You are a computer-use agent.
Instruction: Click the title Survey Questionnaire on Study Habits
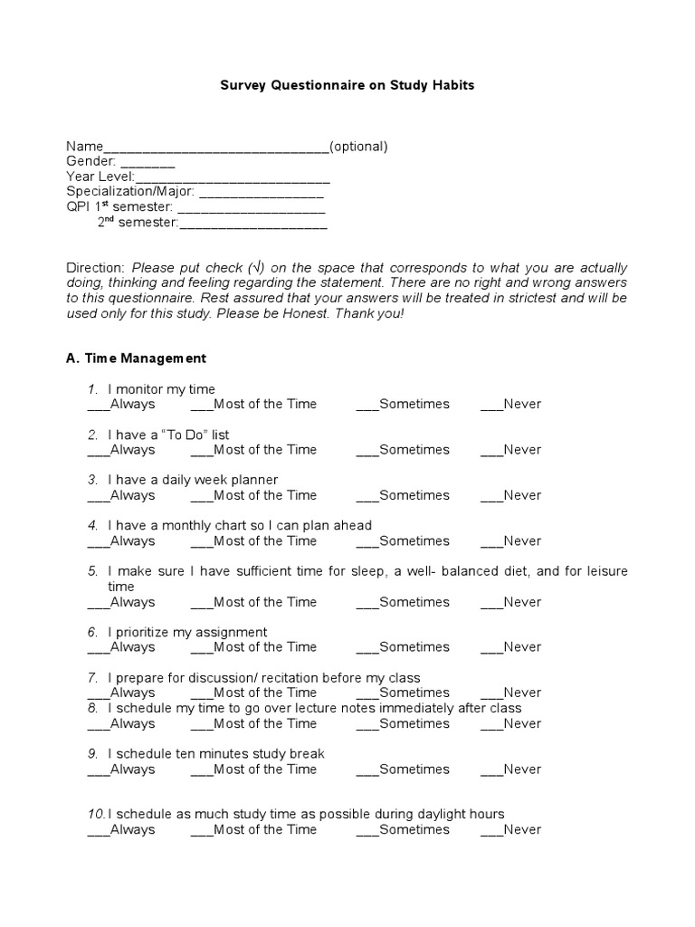click(347, 85)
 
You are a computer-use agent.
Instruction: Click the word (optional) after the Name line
click(358, 147)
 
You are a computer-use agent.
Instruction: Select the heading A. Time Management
click(137, 358)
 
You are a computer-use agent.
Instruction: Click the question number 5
click(92, 571)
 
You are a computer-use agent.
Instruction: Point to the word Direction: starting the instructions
click(95, 268)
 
